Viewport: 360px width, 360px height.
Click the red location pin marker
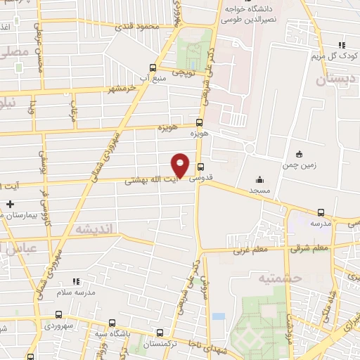tap(181, 165)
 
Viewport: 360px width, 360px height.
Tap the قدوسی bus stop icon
tap(201, 167)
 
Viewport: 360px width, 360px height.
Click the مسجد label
tap(259, 191)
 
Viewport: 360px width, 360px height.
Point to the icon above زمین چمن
tap(299, 154)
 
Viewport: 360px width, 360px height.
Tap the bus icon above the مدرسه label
tap(321, 212)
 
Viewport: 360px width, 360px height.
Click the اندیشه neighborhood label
tap(95, 229)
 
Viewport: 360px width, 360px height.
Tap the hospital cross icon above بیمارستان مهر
tap(9, 205)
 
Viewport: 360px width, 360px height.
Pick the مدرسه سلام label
tap(75, 292)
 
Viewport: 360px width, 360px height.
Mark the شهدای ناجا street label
tap(211, 341)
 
